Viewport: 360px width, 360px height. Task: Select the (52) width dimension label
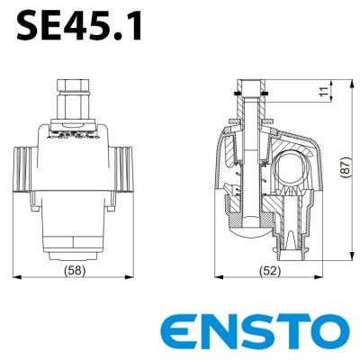point(267,269)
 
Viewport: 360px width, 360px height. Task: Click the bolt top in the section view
point(253,85)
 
